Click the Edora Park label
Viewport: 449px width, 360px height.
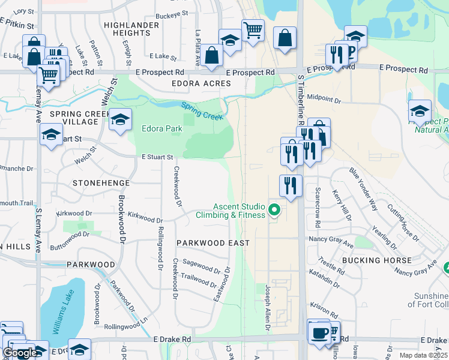tap(161, 128)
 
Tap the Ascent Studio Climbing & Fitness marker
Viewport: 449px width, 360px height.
tap(275, 210)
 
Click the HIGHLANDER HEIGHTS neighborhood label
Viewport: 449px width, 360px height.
tap(131, 29)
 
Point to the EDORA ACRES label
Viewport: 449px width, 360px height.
tap(201, 83)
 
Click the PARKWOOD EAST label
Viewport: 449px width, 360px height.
tap(212, 242)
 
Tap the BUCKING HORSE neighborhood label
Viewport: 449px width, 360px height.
tap(376, 260)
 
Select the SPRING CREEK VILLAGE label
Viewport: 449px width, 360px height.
tap(74, 118)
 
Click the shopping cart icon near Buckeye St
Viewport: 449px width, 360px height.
tap(253, 29)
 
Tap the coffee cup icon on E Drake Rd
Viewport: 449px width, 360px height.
tap(319, 331)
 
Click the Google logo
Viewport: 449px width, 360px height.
tap(19, 353)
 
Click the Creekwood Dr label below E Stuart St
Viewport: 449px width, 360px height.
tap(178, 185)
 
